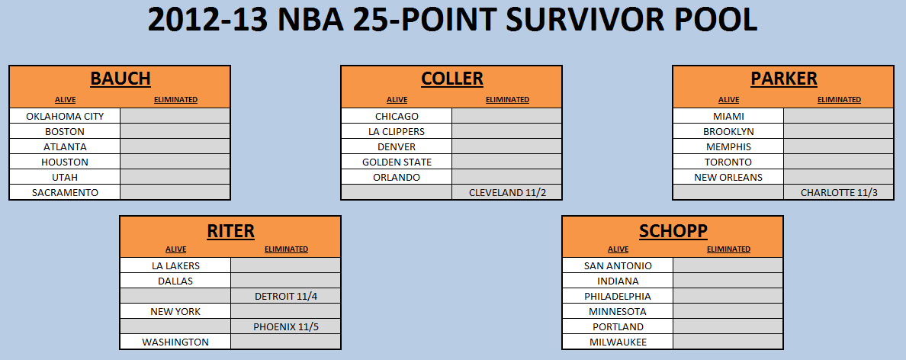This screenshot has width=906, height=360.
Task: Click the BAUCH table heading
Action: click(x=120, y=78)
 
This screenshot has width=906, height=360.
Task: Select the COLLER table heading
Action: click(x=451, y=78)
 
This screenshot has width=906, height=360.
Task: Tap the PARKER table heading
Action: click(x=783, y=78)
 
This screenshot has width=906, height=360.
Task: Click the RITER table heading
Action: click(x=230, y=230)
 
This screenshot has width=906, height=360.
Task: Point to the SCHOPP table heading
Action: click(x=673, y=230)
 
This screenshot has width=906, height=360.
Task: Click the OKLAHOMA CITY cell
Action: click(x=65, y=116)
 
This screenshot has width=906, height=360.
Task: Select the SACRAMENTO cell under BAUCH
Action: click(x=65, y=192)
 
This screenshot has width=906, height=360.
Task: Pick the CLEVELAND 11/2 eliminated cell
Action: click(x=506, y=192)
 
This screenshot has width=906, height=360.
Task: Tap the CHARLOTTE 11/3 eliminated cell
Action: click(x=838, y=192)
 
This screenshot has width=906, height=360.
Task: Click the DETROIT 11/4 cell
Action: click(x=285, y=297)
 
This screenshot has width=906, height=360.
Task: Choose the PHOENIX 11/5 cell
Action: click(x=285, y=327)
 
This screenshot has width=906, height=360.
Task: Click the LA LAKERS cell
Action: click(x=175, y=266)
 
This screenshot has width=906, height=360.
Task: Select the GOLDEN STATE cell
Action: click(x=397, y=162)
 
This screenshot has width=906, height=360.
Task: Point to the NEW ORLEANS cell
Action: click(x=728, y=178)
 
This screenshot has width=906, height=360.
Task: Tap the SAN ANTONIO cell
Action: click(x=618, y=266)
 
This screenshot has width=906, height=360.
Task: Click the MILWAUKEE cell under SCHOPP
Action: click(x=618, y=342)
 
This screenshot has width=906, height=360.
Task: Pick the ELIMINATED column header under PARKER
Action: click(x=839, y=99)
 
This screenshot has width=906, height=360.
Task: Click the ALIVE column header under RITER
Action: click(x=175, y=249)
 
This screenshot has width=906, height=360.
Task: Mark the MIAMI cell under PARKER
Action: click(x=728, y=116)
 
